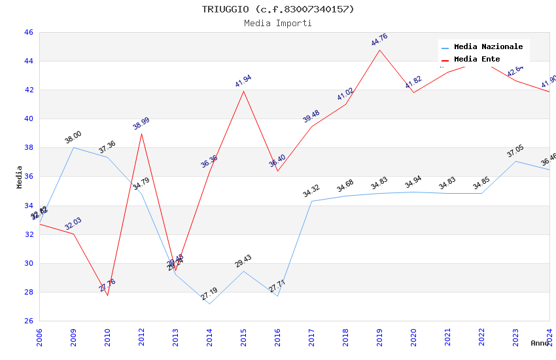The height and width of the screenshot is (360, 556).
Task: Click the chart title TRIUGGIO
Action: click(x=277, y=9)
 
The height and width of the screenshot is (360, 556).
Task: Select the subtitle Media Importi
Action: click(x=277, y=23)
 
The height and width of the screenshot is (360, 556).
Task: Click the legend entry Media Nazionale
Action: click(x=488, y=47)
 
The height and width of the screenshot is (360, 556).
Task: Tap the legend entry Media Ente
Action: click(x=477, y=59)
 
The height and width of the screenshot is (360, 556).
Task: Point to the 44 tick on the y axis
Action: click(x=28, y=62)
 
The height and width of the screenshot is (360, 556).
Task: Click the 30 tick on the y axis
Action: click(x=28, y=263)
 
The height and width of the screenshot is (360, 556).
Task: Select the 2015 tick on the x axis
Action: click(x=243, y=334)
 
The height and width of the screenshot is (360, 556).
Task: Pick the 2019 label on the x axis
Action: click(x=379, y=334)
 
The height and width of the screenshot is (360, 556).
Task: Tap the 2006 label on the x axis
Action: click(x=39, y=334)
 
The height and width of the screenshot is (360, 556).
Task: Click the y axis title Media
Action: click(x=20, y=177)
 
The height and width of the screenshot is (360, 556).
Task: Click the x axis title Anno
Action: click(x=540, y=343)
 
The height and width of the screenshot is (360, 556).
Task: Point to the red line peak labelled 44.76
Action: click(x=379, y=50)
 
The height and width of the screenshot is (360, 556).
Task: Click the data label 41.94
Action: click(x=243, y=81)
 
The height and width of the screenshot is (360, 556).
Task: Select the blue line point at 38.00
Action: click(x=73, y=147)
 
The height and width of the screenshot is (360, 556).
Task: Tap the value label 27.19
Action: click(x=209, y=293)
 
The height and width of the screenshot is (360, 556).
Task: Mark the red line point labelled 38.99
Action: click(x=141, y=134)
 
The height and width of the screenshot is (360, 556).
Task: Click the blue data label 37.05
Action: click(x=515, y=151)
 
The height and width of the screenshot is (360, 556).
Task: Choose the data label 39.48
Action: click(x=311, y=116)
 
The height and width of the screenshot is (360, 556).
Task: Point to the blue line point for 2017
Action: click(x=311, y=201)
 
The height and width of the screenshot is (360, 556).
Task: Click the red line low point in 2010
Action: click(x=107, y=295)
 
